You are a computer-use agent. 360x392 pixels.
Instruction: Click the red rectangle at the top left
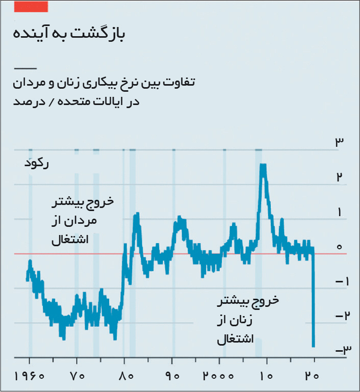coord(31,7)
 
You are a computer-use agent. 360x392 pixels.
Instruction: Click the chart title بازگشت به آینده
coord(69,34)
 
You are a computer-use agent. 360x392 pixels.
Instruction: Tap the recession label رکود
coord(37,164)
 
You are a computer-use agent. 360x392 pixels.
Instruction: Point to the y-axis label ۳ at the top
coord(339,142)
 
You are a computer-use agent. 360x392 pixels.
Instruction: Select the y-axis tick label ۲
coord(339,177)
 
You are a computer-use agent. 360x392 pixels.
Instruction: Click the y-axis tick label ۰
coord(339,247)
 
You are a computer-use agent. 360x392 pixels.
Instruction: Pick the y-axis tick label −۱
coord(342,282)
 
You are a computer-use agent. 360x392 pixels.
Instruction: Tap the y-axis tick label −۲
coord(342,316)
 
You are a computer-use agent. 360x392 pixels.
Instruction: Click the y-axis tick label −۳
coord(343,350)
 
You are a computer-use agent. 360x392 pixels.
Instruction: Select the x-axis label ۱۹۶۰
coord(30,376)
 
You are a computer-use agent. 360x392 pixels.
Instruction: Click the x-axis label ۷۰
coord(77,376)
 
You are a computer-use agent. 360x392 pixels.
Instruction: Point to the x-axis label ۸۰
coord(125,376)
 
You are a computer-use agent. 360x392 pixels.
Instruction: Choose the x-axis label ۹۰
coord(172,376)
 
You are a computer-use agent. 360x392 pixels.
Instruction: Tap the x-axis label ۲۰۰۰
coord(218,376)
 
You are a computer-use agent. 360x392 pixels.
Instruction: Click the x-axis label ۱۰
coord(266,376)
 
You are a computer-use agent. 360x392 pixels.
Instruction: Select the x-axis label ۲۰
coord(312,376)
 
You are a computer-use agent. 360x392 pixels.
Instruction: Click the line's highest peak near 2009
coord(263,165)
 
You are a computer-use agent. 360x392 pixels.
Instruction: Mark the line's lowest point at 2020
coord(314,346)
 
